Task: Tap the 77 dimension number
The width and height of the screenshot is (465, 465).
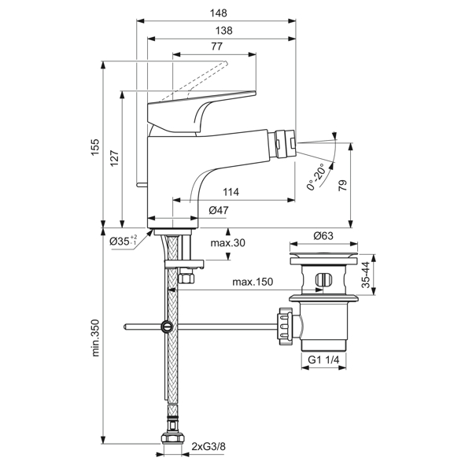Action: pos(217,47)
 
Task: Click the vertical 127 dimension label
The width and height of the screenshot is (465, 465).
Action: pos(115,157)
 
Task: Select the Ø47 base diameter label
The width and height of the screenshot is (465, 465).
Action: pos(220,210)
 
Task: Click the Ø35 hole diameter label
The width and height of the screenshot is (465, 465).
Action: pos(124,240)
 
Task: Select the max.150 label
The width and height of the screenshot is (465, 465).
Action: pos(253,282)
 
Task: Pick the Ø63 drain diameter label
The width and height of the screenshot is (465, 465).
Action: pos(324,236)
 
